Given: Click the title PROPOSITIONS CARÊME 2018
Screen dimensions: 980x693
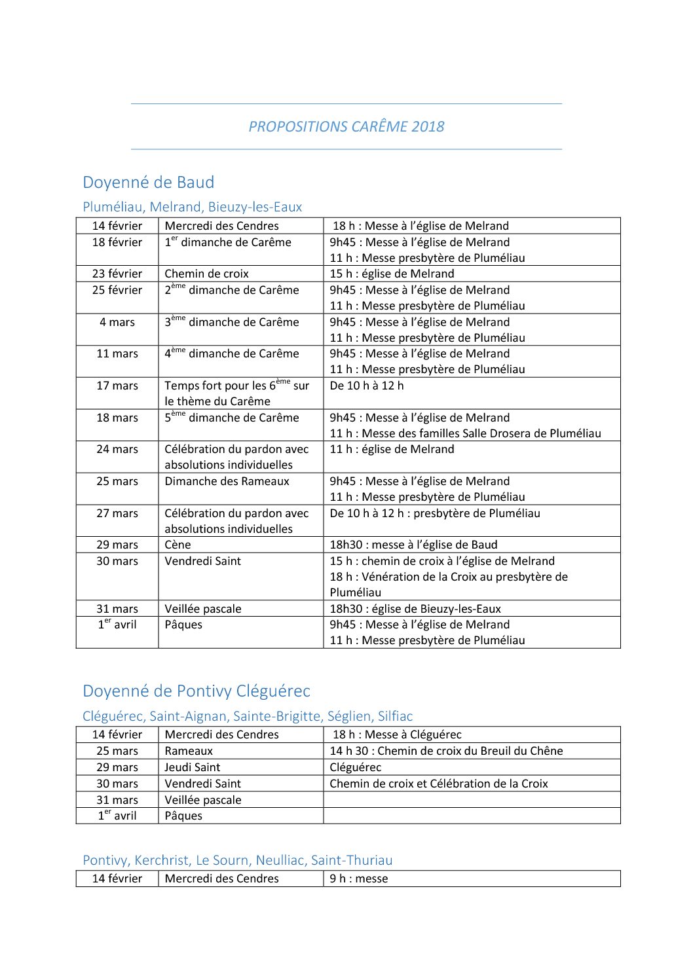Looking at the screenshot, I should [346, 126].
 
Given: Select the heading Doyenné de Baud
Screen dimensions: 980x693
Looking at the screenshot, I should [148, 182].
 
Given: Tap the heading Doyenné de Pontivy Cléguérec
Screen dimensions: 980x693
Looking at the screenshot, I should [196, 691].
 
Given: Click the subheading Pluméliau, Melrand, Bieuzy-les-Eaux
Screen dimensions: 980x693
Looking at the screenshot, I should [192, 207].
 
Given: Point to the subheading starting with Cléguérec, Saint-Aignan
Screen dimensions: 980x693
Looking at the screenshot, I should [248, 716].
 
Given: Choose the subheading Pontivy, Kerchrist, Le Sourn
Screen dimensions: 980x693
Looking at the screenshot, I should [237, 860].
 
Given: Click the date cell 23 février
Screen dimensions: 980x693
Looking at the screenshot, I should [117, 274].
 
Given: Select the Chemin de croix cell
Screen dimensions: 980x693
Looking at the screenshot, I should [206, 274].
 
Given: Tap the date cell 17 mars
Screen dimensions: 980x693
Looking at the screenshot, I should [117, 386].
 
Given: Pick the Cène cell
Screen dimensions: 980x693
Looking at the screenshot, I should [178, 545].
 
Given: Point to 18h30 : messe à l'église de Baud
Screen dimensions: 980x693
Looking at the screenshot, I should [413, 545].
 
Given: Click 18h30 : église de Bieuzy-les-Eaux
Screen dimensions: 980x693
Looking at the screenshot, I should [415, 609].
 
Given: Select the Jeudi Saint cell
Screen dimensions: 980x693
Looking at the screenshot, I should [192, 767].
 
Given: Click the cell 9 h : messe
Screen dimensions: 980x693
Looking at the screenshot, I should [358, 879].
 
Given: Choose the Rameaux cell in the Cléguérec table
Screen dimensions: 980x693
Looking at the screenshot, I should [189, 751].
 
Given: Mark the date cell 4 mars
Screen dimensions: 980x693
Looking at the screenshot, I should [117, 322].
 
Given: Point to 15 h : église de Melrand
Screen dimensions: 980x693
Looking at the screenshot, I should [392, 274].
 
